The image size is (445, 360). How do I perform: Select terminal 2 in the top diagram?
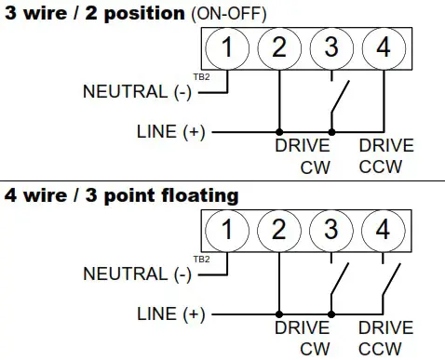[279, 49]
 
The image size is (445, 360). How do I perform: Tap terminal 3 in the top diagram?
[330, 49]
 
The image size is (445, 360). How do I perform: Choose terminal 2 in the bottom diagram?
[279, 229]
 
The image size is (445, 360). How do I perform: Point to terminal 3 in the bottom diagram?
[330, 229]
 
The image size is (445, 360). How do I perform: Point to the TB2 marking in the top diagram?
[200, 77]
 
